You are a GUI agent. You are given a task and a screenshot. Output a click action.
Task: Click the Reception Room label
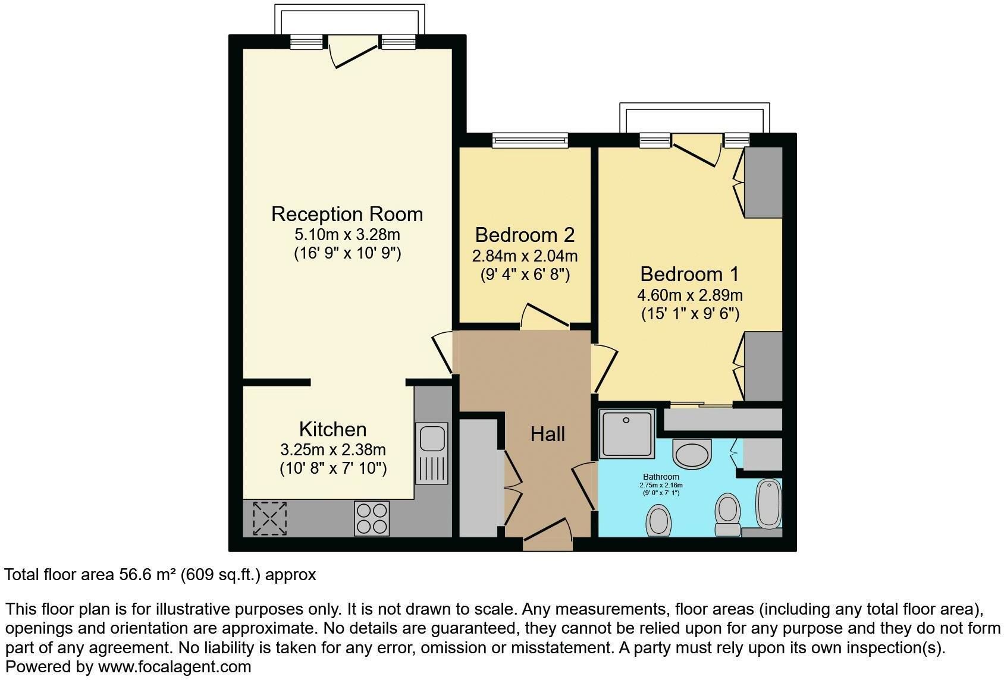347,214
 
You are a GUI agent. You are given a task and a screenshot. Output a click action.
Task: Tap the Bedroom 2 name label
525,235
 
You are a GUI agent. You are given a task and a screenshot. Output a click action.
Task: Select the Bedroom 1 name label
689,274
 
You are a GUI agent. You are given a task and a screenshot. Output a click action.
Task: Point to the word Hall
547,434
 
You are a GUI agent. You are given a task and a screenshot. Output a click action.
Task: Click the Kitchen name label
332,429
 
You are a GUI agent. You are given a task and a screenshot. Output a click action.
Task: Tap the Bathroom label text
661,477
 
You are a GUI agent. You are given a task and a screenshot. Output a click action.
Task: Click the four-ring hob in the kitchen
372,518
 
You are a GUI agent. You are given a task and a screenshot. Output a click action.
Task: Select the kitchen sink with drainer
432,453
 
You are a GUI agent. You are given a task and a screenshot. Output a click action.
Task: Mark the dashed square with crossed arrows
270,518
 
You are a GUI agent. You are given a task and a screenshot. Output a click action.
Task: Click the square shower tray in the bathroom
627,434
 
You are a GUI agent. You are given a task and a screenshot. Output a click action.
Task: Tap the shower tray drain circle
626,420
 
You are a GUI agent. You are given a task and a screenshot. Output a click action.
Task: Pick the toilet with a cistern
727,515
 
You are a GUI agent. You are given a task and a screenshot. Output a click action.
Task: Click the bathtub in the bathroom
768,504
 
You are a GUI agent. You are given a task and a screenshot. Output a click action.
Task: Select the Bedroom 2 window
530,140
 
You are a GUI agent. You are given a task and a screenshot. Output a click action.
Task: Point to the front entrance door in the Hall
548,535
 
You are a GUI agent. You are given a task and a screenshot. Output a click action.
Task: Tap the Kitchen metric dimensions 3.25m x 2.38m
332,449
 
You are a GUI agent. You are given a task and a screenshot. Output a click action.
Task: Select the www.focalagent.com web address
175,667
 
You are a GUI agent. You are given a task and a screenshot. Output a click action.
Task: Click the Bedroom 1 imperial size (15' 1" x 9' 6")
690,314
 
